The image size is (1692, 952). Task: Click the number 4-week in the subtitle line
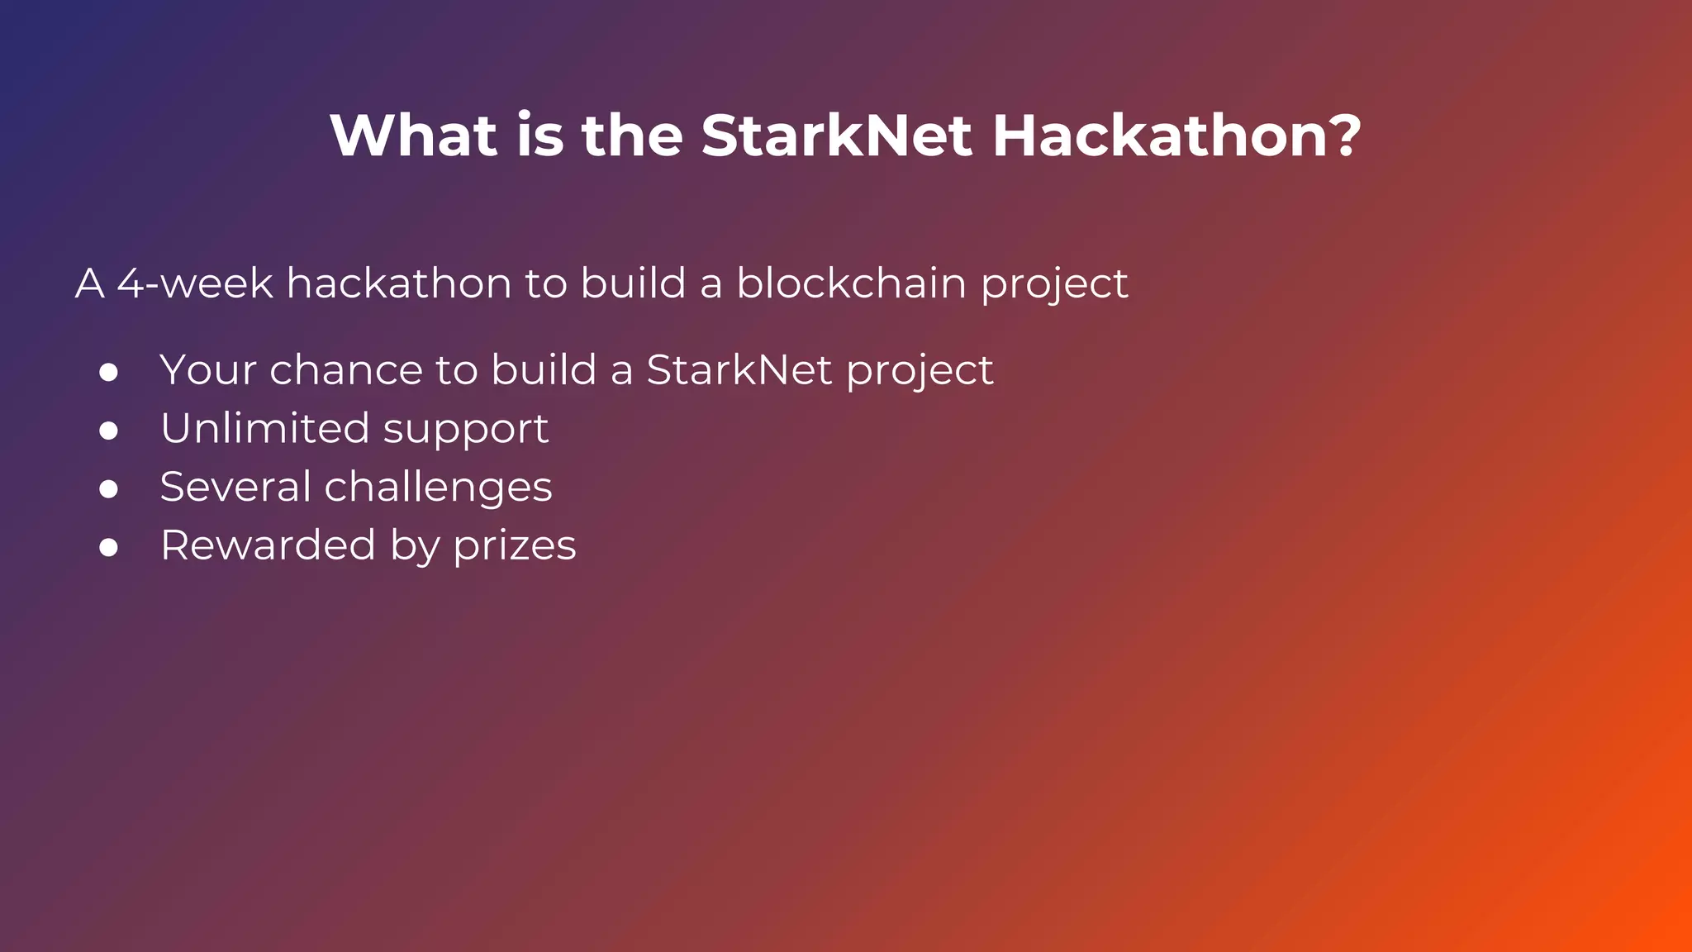[195, 283]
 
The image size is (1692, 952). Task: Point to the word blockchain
[851, 283]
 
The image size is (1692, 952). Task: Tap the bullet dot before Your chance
[108, 373]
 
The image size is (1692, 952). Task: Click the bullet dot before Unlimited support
[108, 431]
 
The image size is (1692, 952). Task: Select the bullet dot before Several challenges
[108, 489]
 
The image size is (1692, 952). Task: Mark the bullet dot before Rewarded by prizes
[108, 547]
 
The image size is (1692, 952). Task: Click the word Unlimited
[264, 428]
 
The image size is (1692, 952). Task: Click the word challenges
[438, 488]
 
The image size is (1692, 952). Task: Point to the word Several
[235, 487]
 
